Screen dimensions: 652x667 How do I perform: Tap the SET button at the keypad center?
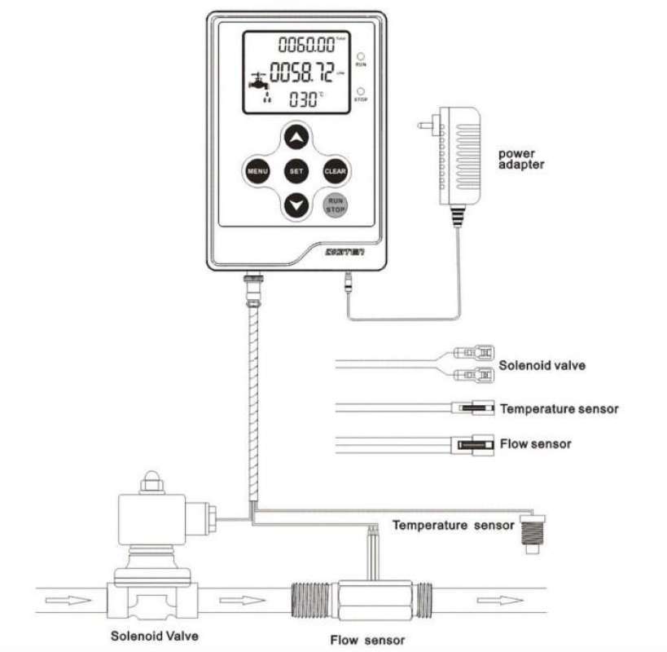coord(296,171)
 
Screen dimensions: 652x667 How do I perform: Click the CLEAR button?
coord(336,171)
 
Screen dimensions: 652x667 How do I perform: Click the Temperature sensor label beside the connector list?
coord(559,408)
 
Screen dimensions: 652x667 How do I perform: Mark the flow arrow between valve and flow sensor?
coord(243,601)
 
